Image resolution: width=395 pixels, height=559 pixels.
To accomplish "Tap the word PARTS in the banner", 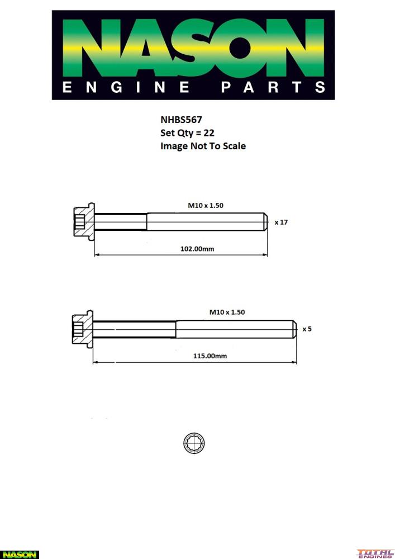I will click(x=273, y=87).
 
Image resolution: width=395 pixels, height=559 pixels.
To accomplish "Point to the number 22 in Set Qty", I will click(x=209, y=132).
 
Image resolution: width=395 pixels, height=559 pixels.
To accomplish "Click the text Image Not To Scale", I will click(x=203, y=146).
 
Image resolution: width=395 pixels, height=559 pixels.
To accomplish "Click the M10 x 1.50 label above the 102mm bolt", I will click(x=205, y=206).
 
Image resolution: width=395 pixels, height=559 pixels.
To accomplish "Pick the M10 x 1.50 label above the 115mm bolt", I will click(x=227, y=312).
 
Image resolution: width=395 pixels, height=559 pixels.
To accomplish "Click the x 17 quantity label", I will click(x=281, y=222).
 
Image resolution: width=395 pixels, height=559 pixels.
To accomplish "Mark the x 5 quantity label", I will click(x=307, y=329).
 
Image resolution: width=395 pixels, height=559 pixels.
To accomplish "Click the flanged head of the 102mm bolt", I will click(x=83, y=222).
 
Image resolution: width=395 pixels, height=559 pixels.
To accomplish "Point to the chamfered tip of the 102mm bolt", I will click(x=266, y=222).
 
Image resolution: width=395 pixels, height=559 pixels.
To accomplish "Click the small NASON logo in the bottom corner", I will click(x=20, y=555).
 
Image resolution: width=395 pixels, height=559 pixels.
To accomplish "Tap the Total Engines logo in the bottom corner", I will click(x=375, y=553).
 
